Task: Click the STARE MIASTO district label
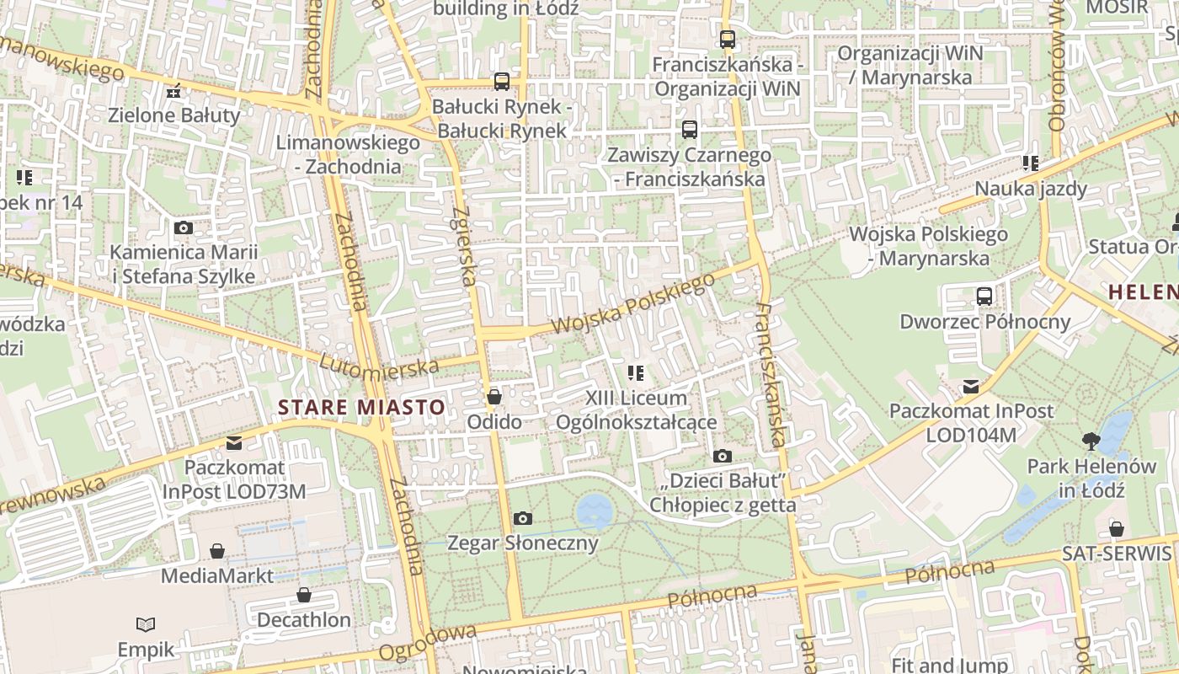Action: [361, 408]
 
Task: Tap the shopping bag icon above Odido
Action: [494, 396]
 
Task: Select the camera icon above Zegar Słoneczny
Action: [523, 518]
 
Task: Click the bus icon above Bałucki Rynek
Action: [502, 82]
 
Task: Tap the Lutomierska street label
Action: [380, 364]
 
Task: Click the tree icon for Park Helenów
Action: [1091, 441]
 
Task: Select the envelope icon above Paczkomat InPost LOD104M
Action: [971, 386]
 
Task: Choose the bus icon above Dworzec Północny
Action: [984, 296]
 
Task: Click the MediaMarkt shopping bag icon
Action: [217, 551]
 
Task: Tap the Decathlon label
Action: [303, 620]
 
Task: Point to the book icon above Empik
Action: [146, 624]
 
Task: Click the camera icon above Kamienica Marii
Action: [183, 227]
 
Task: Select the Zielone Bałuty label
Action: [174, 115]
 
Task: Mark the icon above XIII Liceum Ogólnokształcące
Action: [636, 372]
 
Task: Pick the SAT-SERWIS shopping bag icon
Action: [1117, 529]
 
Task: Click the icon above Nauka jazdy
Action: [1030, 163]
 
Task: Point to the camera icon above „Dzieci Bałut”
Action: [722, 456]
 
